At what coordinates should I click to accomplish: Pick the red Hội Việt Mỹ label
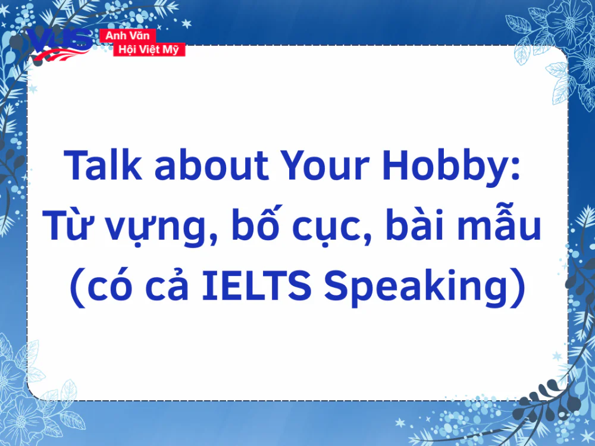(149, 50)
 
